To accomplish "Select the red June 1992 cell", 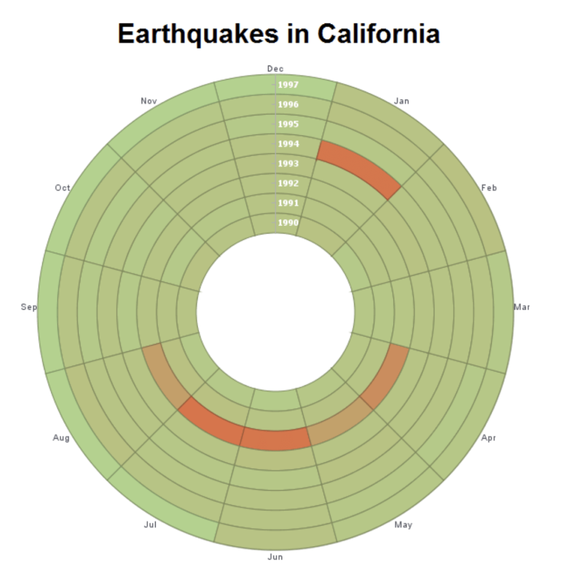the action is [x=276, y=439].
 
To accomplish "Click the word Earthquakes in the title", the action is [x=198, y=34].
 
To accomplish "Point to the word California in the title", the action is [x=379, y=34].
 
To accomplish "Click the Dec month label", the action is [x=275, y=69].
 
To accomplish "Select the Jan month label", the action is [x=402, y=101].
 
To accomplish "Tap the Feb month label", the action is [x=489, y=188].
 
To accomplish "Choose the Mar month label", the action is [x=522, y=307].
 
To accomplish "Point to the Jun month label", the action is [x=275, y=557].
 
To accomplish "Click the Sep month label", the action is [x=29, y=307].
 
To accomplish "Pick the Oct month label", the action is [x=63, y=188].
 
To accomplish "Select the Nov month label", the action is [x=149, y=101].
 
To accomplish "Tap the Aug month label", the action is [x=61, y=438].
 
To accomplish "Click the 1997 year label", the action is [x=288, y=85].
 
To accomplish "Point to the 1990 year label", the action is [x=288, y=223].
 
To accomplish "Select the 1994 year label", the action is [x=288, y=144].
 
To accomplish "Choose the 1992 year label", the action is [x=288, y=183].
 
